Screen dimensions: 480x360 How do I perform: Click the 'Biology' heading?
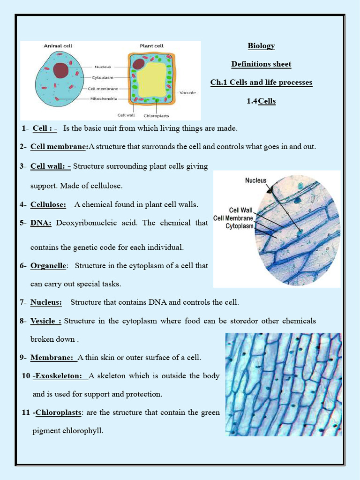(261, 46)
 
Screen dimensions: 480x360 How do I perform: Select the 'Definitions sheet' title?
(261, 64)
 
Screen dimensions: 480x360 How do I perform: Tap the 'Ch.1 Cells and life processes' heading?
(261, 82)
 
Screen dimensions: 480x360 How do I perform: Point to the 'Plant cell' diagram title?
(151, 46)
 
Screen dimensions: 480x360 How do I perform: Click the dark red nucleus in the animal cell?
(60, 70)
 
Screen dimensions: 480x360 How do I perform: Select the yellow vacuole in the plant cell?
(151, 79)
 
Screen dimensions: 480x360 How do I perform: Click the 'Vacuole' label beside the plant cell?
(187, 93)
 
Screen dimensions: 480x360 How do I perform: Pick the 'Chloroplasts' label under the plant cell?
(156, 115)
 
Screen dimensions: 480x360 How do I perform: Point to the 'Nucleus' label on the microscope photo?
(255, 180)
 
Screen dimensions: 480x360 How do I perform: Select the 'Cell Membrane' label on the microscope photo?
(233, 218)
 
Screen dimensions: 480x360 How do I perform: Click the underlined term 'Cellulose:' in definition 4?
(48, 204)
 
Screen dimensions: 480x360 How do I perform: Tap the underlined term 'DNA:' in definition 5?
(41, 223)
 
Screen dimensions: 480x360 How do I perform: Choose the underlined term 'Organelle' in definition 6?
(48, 266)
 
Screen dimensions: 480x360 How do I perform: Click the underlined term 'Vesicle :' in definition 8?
(45, 321)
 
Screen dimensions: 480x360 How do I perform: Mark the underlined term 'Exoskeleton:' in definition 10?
(59, 376)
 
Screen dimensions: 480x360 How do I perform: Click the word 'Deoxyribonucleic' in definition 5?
(83, 223)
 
